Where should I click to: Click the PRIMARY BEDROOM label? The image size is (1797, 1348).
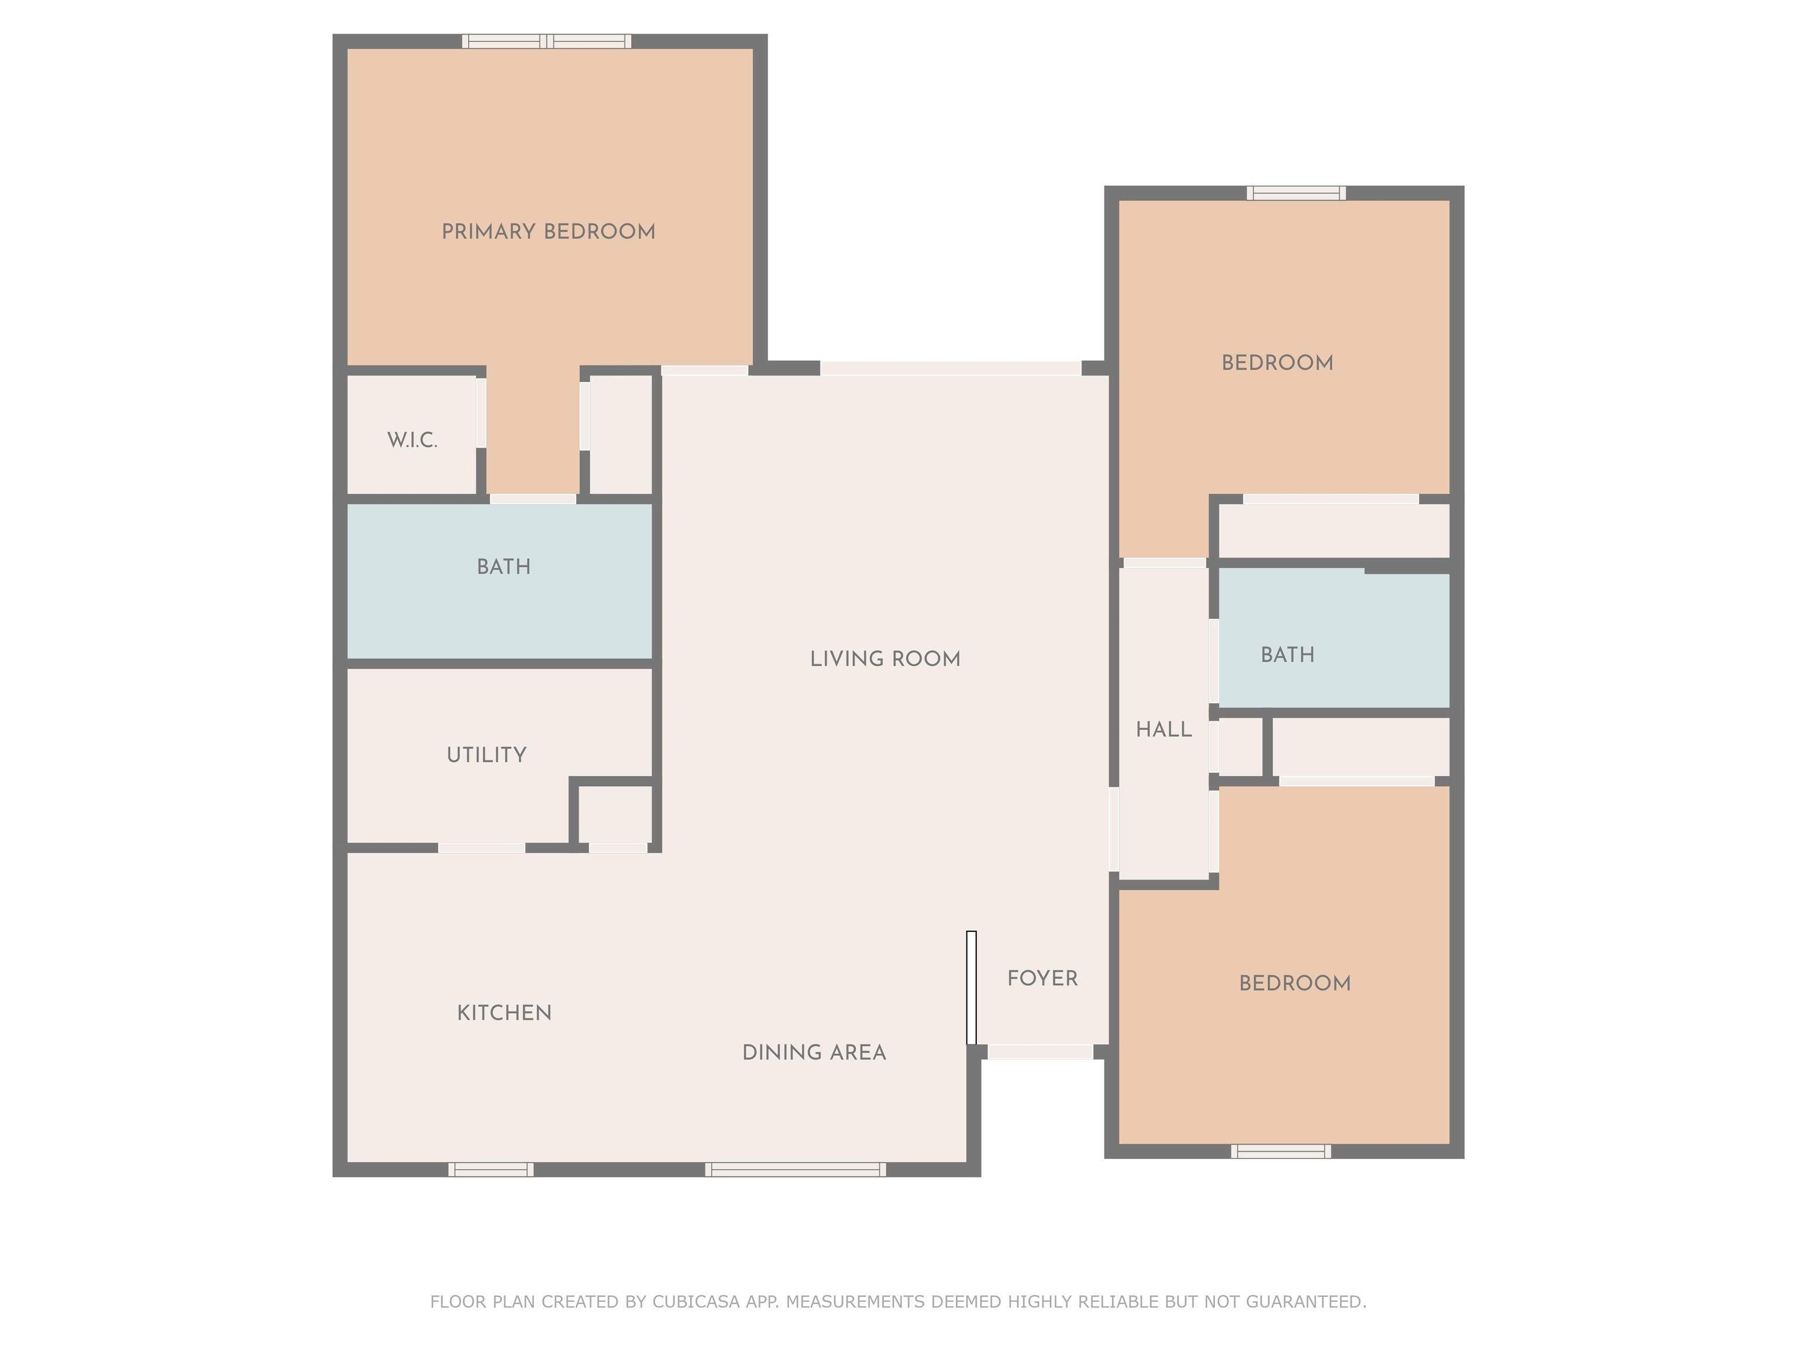click(548, 232)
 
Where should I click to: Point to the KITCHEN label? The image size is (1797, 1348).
click(504, 1012)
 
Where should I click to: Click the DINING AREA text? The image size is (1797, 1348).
click(814, 1052)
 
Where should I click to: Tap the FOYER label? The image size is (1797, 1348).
click(1042, 978)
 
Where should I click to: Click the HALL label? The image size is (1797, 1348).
click(1164, 730)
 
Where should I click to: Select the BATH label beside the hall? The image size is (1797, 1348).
click(1287, 655)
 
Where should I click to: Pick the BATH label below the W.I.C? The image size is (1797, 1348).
click(504, 566)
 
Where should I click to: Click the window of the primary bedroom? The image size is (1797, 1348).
click(547, 42)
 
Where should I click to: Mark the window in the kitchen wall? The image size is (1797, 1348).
click(491, 1169)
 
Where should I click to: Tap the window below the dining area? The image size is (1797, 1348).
click(796, 1169)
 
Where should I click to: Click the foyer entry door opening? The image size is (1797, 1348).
click(1040, 1052)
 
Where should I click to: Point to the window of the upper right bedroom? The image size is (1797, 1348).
click(1297, 192)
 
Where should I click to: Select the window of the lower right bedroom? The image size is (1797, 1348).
click(1280, 1151)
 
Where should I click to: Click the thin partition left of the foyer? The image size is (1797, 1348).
click(971, 987)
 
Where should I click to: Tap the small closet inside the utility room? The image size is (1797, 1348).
click(615, 814)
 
